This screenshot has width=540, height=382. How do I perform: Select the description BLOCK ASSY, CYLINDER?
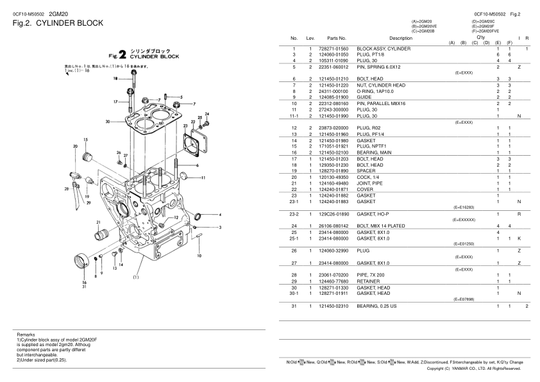(x=383, y=49)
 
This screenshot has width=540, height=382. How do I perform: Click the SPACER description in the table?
(x=366, y=171)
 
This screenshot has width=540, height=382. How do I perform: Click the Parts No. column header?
(x=336, y=38)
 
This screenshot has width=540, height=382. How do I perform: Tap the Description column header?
(x=401, y=38)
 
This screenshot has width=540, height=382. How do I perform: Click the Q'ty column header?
(x=480, y=37)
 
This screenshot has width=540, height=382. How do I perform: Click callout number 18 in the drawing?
(x=115, y=78)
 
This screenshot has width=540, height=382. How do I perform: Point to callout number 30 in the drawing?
(x=108, y=121)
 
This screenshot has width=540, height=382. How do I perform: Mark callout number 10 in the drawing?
(x=199, y=256)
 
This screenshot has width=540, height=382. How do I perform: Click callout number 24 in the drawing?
(x=207, y=114)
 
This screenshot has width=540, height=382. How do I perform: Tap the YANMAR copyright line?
(x=478, y=369)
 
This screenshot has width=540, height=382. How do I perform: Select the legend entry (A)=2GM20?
(x=422, y=21)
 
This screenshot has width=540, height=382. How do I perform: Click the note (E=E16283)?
(x=464, y=208)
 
